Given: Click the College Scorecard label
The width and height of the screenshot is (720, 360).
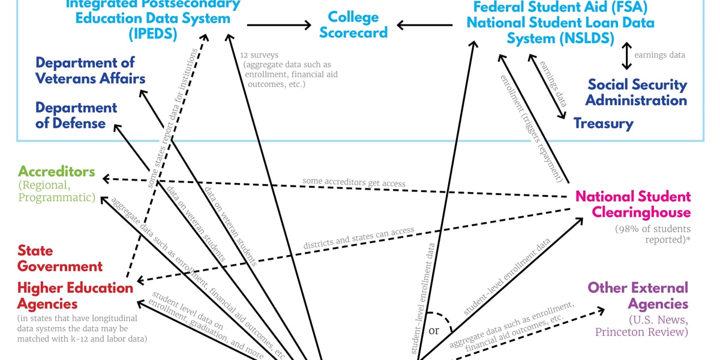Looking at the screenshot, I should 353,25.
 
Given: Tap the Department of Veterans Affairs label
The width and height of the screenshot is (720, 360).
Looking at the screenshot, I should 90,70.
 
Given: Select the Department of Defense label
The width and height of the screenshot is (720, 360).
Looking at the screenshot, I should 76,115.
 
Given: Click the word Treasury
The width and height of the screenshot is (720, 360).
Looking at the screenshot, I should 603,124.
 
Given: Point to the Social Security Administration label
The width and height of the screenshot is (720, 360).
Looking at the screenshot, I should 637,92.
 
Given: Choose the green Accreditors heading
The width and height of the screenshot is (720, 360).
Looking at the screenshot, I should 56,172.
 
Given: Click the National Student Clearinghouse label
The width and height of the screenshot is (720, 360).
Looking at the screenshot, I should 633,204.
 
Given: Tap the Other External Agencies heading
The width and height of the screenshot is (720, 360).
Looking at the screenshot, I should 638,295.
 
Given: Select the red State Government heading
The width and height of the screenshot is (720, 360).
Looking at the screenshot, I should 60,258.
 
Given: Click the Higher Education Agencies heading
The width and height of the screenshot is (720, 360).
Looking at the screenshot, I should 75,295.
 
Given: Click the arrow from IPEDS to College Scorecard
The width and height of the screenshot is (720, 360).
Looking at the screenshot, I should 279,25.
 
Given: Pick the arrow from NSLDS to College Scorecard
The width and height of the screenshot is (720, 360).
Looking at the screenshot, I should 424,25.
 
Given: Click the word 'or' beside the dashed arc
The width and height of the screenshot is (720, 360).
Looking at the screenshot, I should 434,331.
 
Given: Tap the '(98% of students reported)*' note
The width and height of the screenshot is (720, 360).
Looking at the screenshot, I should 652,234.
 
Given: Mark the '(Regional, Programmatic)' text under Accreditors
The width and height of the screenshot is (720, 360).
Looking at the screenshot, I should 56,191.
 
